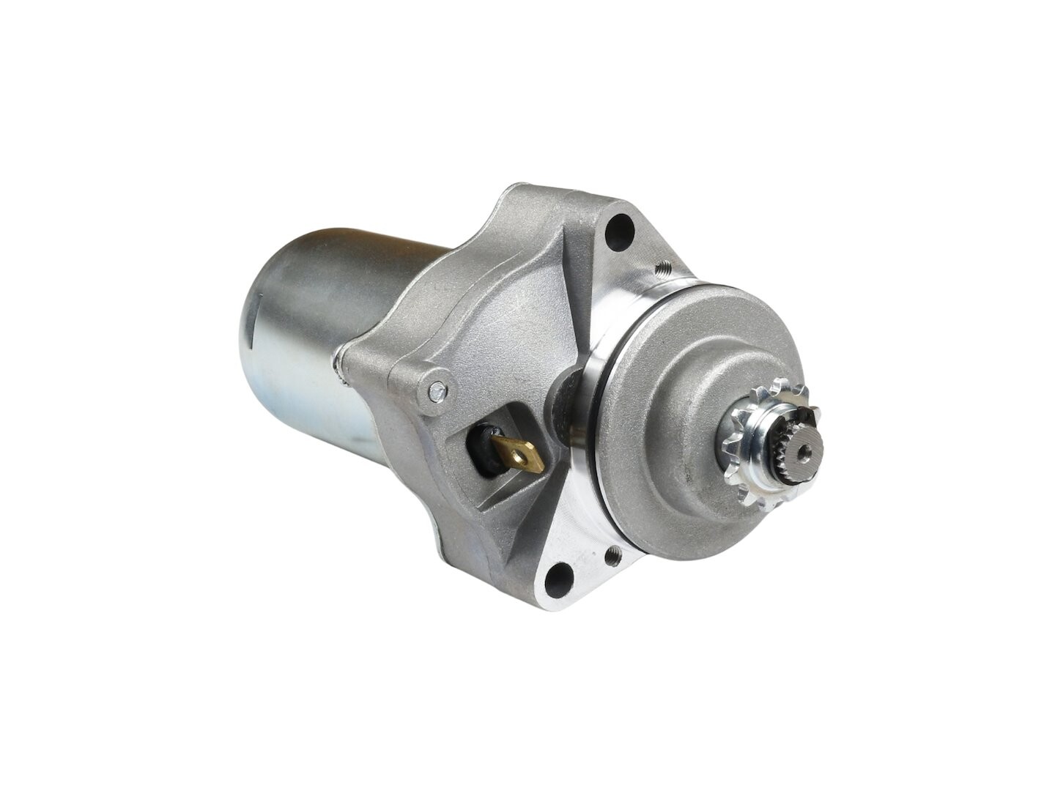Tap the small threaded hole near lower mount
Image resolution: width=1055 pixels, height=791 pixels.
pyautogui.click(x=614, y=557)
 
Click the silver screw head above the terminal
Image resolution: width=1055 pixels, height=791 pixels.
pyautogui.click(x=437, y=391)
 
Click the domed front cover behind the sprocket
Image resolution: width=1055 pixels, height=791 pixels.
pyautogui.click(x=681, y=381)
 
